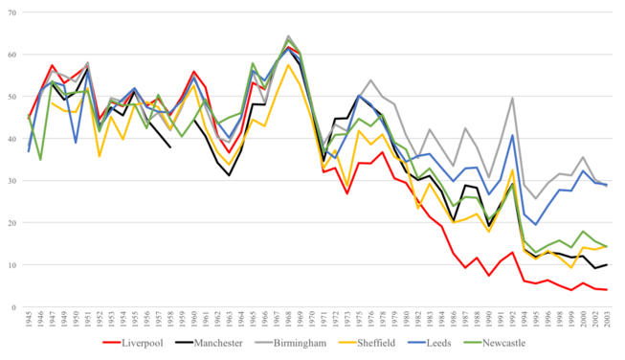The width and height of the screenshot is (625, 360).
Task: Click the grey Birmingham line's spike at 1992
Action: tap(514, 98)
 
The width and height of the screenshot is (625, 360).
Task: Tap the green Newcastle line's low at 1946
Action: tap(39, 160)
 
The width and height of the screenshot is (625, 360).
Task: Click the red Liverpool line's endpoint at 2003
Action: tap(606, 290)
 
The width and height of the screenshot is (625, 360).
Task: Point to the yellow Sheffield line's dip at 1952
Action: tap(99, 156)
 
